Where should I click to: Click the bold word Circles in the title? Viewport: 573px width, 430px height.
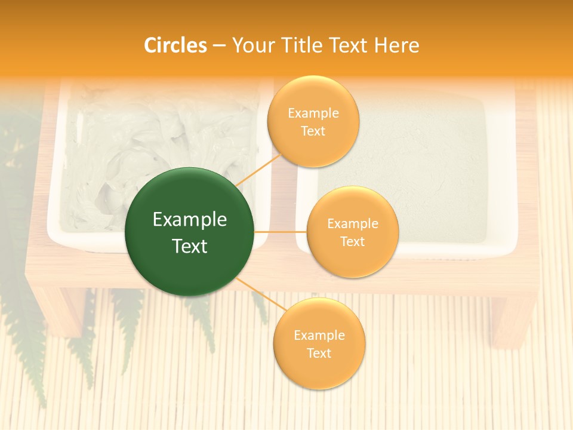pos(175,45)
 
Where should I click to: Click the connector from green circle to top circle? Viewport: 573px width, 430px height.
pos(258,169)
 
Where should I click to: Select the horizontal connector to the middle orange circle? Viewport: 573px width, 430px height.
pos(280,232)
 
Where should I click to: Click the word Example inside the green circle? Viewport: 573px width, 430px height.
pos(189,220)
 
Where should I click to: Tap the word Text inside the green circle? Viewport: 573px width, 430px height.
pos(189,246)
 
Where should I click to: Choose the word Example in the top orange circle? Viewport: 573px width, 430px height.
pos(313,113)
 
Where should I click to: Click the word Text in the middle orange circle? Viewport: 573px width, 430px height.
pos(352,242)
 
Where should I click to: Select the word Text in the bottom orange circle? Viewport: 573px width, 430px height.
pos(319,354)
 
